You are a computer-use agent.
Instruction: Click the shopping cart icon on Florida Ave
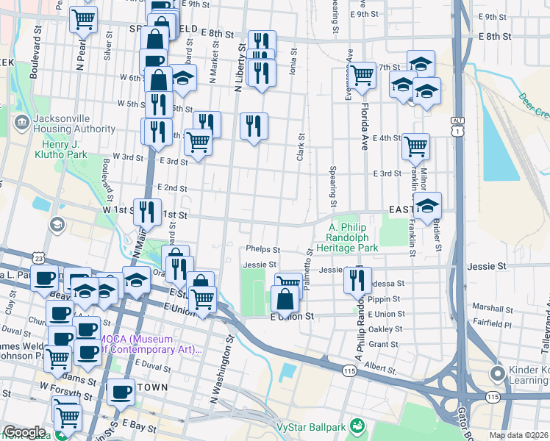pos(362,75)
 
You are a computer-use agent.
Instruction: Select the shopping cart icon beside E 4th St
pos(415,146)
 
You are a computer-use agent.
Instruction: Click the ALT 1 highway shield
pos(458,126)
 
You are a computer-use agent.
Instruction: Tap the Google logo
pos(24,432)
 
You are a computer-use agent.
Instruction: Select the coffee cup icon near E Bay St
pos(121,393)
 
